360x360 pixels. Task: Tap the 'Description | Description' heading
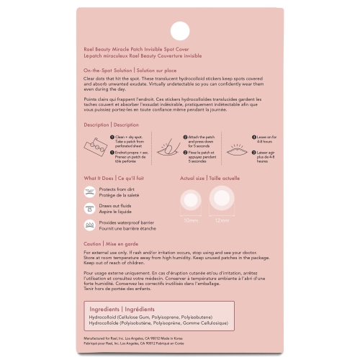click(111, 125)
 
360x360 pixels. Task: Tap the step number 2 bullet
click(183, 136)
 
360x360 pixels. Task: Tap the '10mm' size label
click(191, 220)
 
